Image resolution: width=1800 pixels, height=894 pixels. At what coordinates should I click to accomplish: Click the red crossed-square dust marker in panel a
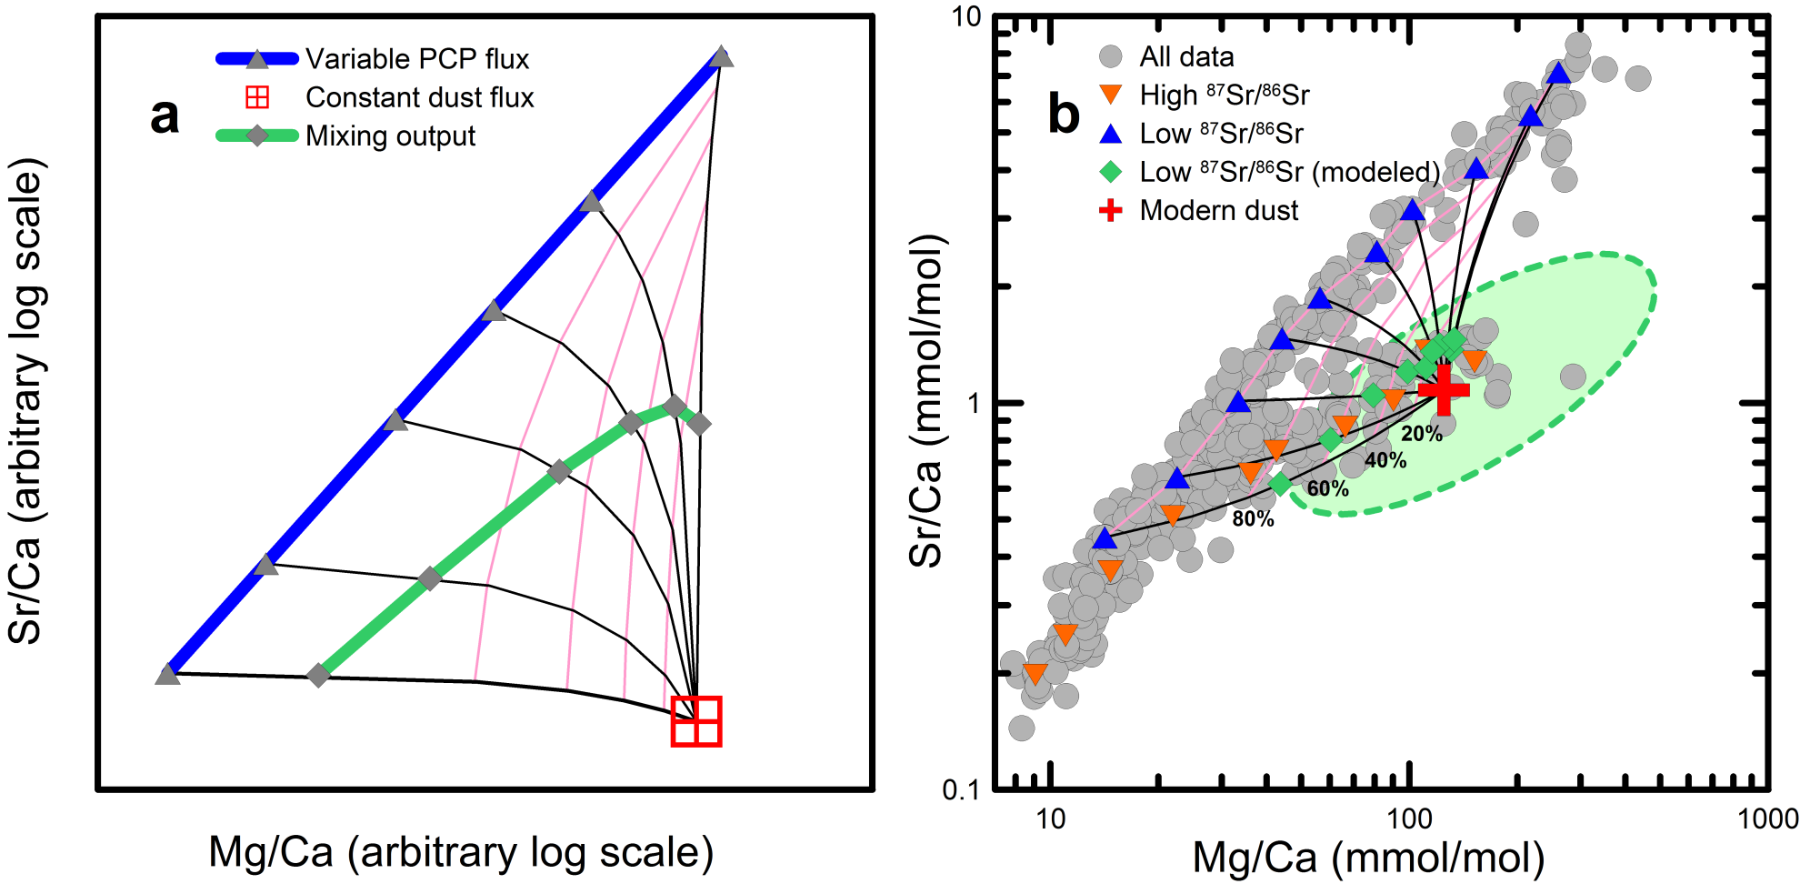click(x=696, y=721)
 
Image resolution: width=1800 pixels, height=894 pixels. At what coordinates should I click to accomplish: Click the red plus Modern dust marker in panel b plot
click(x=1444, y=389)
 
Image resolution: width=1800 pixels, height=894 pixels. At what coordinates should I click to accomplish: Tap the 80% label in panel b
click(x=1253, y=519)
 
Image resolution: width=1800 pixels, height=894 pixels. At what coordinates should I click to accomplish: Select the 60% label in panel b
click(x=1327, y=489)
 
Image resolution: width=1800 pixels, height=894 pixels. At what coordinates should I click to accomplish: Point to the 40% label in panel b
click(x=1385, y=461)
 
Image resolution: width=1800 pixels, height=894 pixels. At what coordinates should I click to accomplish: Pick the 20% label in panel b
click(x=1422, y=435)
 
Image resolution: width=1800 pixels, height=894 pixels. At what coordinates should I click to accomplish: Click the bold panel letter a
click(x=165, y=116)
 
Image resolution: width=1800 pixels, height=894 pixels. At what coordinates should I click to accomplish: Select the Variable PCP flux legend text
click(x=417, y=59)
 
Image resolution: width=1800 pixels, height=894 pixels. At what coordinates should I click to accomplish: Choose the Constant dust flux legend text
click(x=420, y=97)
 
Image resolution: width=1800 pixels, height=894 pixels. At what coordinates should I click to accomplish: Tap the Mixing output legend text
click(x=390, y=136)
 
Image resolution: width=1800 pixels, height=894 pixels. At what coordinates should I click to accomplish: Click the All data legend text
click(x=1186, y=57)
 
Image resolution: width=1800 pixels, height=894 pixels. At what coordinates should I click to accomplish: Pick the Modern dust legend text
click(x=1219, y=211)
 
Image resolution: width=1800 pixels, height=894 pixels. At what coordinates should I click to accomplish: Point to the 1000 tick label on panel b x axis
click(x=1767, y=819)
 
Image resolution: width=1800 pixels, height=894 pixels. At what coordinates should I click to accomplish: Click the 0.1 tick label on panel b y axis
click(x=962, y=789)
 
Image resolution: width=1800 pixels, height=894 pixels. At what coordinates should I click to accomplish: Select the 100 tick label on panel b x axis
click(x=1409, y=819)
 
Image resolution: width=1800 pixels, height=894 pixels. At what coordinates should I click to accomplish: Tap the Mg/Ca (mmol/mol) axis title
click(x=1368, y=858)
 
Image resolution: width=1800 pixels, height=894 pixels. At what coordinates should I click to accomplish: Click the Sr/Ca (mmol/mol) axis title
click(x=927, y=400)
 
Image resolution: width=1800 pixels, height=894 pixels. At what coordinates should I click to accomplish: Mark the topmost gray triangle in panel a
click(x=722, y=57)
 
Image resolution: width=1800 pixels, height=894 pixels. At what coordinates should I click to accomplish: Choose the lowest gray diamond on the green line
click(x=318, y=676)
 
